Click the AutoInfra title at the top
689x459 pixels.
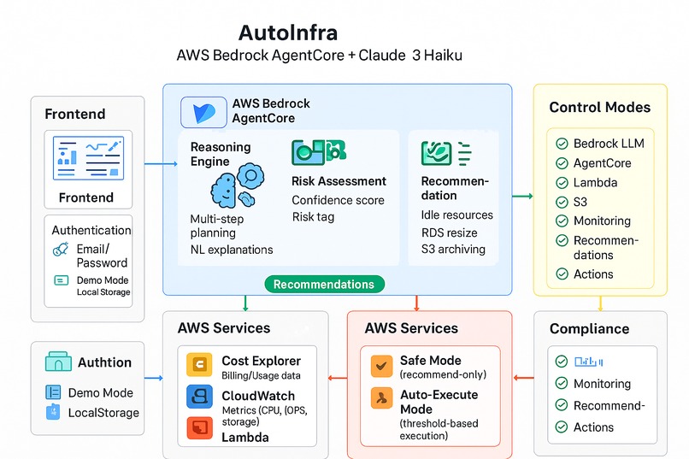click(287, 33)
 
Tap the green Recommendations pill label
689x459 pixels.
click(324, 284)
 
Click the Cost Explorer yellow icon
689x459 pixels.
click(199, 365)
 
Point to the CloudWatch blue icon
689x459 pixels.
click(199, 397)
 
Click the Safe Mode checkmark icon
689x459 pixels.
click(381, 366)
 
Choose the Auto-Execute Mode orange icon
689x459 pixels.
click(381, 397)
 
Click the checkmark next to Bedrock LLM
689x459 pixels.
click(562, 144)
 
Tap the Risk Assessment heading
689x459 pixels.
click(339, 181)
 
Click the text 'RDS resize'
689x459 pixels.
click(450, 232)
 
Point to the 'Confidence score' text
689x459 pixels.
click(338, 200)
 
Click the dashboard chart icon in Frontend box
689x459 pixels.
click(89, 158)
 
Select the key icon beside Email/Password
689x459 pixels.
click(60, 250)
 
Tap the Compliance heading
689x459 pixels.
click(589, 328)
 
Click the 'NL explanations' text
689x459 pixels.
click(232, 250)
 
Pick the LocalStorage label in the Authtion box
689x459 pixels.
click(102, 413)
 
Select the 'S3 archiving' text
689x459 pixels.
click(453, 250)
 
